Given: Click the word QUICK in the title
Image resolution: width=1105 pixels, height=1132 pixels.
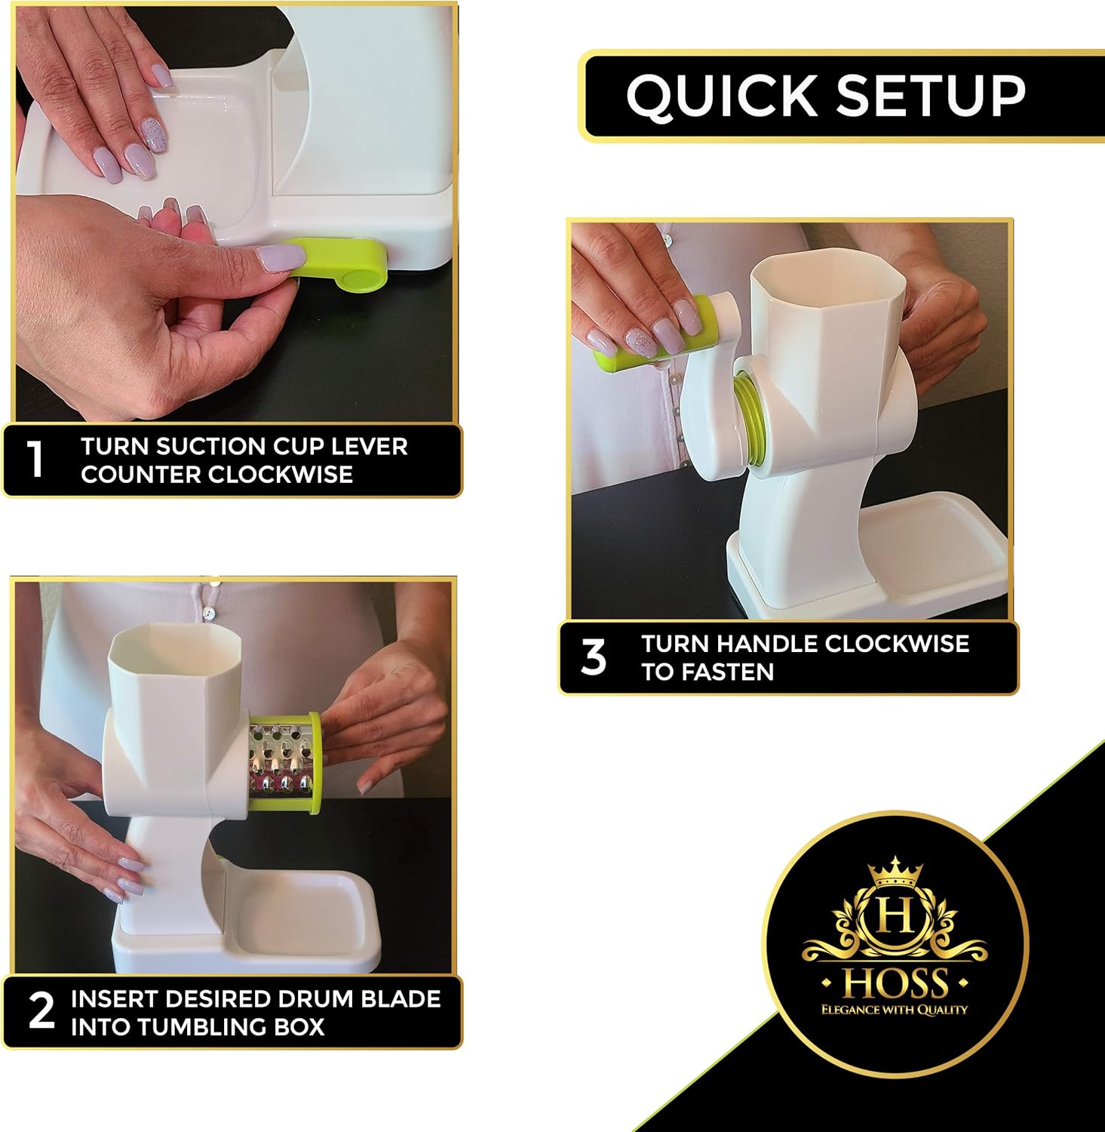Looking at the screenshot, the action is coord(722,96).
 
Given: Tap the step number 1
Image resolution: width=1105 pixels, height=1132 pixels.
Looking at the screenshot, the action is coord(35,460).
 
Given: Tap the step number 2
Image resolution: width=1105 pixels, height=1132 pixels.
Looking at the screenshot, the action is coord(41,1012).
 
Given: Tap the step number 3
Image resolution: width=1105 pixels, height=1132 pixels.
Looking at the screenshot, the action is coord(594,657).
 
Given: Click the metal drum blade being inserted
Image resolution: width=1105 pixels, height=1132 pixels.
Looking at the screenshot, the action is coord(282,761).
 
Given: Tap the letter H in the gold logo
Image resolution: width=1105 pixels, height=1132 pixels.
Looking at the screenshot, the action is coord(895,918).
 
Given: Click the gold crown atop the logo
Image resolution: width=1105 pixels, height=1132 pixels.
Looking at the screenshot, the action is coord(895,872).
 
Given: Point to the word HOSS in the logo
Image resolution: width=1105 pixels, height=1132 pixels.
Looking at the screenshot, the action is coord(895,983).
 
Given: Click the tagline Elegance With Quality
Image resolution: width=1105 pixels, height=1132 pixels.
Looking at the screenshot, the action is coord(895,1010).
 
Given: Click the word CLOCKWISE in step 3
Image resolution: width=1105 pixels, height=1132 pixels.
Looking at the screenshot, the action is coord(897,644).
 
